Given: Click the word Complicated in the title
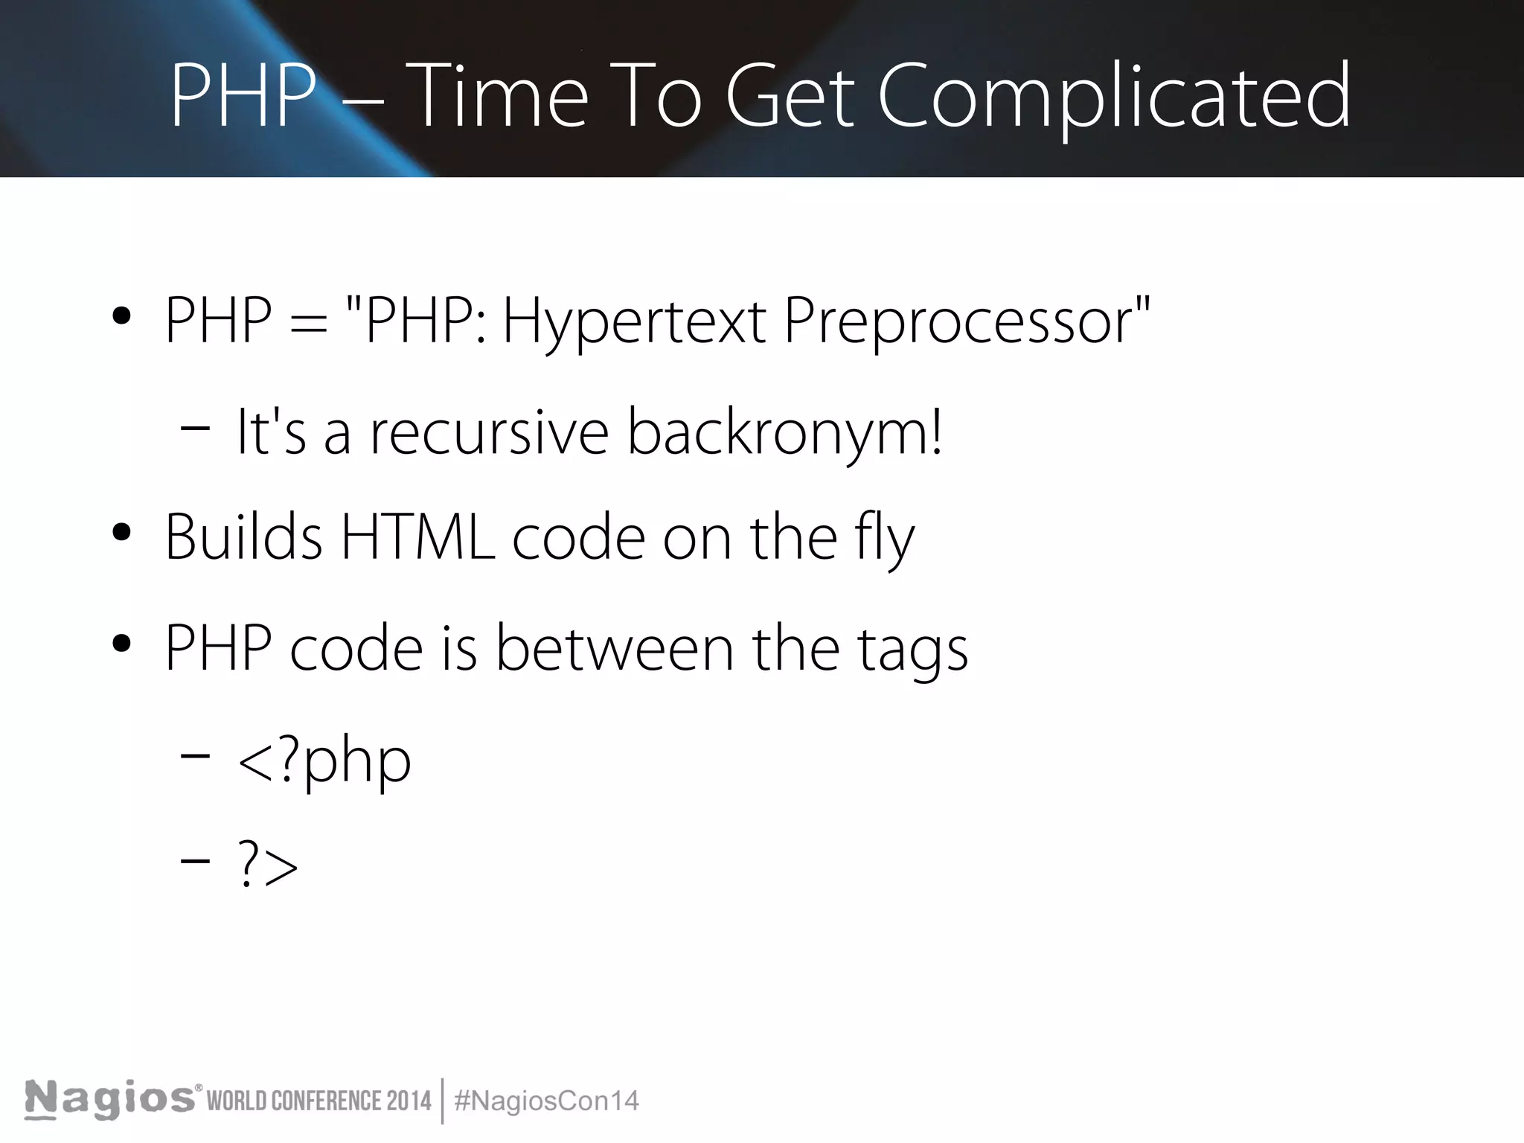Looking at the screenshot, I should click(x=1114, y=97).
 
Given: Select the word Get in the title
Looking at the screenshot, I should click(x=790, y=97).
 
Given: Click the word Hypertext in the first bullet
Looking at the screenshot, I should click(x=634, y=321).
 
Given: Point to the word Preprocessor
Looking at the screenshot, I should click(x=958, y=321).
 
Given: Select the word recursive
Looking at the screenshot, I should click(x=490, y=432).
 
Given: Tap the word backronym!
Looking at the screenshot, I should click(x=786, y=432).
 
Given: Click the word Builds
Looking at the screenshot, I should click(x=243, y=537).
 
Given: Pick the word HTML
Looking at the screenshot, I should click(x=417, y=537).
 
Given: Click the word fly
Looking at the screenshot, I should click(x=885, y=537).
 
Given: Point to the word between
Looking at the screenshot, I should click(x=615, y=648).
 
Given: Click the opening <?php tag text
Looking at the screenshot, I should click(x=324, y=761).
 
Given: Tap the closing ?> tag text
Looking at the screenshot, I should click(x=268, y=865).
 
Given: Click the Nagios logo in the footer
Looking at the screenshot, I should click(x=110, y=1099).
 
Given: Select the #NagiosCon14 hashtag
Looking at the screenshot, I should click(x=546, y=1101).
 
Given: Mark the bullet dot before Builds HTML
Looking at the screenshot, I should click(x=121, y=534).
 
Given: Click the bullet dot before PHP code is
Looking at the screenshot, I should click(x=121, y=644).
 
